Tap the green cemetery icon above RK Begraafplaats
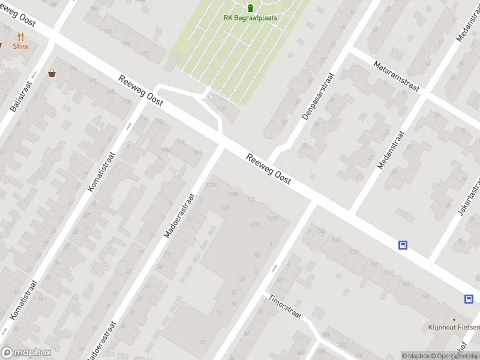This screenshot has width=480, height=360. click(x=250, y=7)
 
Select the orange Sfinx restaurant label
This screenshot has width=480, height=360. click(x=21, y=46)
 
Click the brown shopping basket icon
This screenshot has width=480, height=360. click(x=52, y=73)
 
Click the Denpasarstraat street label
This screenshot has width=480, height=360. click(x=318, y=96)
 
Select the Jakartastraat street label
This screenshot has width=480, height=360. click(x=470, y=196)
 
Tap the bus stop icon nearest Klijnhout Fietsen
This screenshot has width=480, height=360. click(x=468, y=299)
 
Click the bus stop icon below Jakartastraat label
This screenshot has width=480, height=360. click(x=403, y=245)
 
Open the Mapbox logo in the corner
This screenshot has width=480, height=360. click(x=26, y=353)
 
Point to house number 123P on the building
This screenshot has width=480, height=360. click(x=272, y=218)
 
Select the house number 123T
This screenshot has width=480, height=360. click(x=254, y=224)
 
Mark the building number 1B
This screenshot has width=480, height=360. click(x=257, y=255)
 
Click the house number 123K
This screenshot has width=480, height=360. click(x=233, y=194)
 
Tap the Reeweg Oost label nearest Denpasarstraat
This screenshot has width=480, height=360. click(x=269, y=169)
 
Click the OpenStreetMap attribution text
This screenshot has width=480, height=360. click(x=457, y=356)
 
